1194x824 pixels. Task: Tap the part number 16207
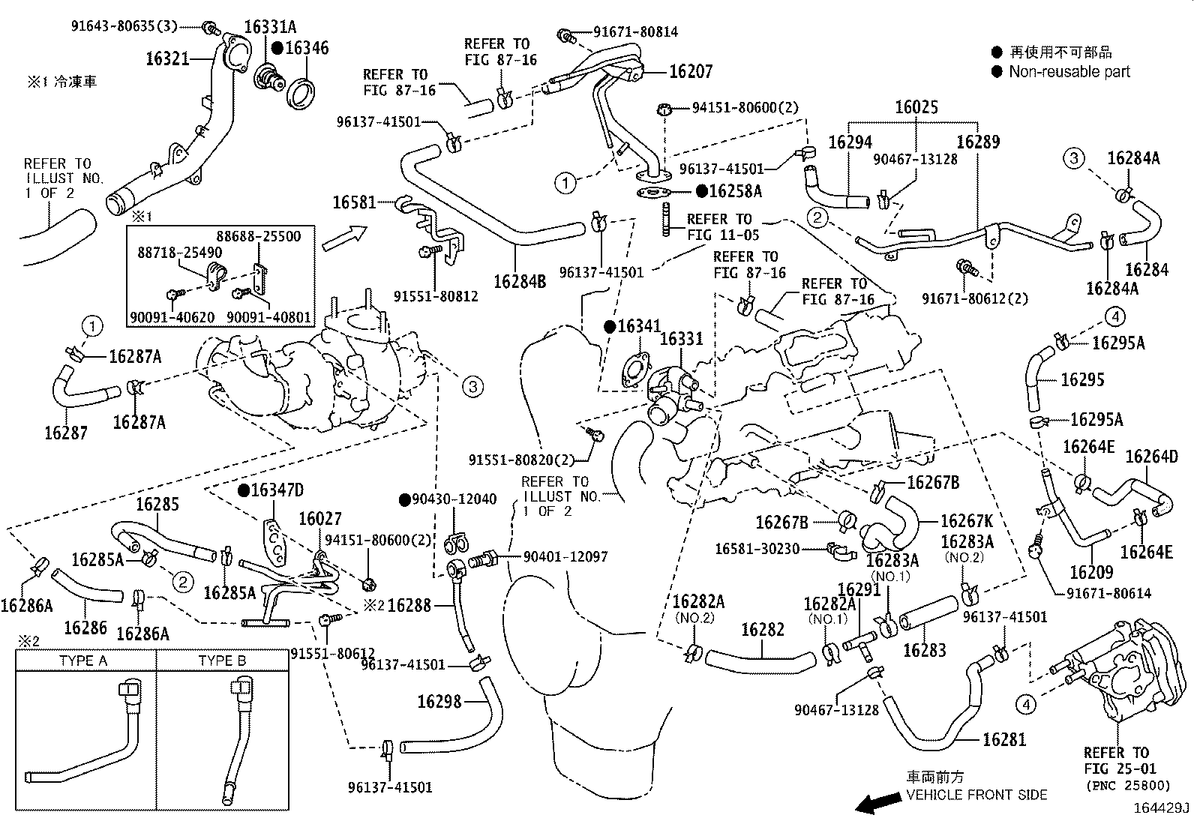pyautogui.click(x=690, y=71)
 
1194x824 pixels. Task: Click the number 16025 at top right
pyautogui.click(x=916, y=107)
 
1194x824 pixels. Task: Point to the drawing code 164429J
pyautogui.click(x=1161, y=808)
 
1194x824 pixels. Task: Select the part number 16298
pyautogui.click(x=439, y=701)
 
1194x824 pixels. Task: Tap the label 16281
pyautogui.click(x=1003, y=740)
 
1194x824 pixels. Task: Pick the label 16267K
pyautogui.click(x=966, y=521)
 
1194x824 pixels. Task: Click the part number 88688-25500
pyautogui.click(x=259, y=236)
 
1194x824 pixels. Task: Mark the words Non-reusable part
pyautogui.click(x=1069, y=72)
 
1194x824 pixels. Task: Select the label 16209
pyautogui.click(x=1091, y=573)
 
